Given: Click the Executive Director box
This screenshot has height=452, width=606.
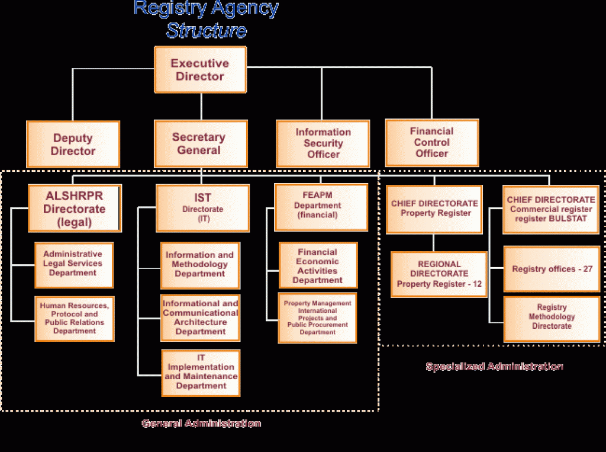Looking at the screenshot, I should tap(200, 70).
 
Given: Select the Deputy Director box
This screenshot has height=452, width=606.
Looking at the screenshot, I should tap(73, 145).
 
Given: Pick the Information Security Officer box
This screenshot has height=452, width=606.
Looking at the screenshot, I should tap(323, 143).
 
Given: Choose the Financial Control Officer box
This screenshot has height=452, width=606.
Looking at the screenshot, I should tap(431, 142).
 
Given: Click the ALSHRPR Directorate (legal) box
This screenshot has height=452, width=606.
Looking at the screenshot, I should tap(75, 209).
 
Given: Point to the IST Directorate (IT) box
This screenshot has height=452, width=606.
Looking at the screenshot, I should tap(202, 208).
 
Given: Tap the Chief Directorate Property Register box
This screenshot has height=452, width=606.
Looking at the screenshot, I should tap(434, 209).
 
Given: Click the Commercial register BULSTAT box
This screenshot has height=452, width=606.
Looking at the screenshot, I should tap(551, 209).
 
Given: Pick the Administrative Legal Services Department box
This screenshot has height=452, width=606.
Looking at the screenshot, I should tap(73, 264).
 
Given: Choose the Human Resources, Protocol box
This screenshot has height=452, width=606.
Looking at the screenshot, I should tap(74, 319).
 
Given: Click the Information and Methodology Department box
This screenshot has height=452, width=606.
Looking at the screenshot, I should tap(200, 265).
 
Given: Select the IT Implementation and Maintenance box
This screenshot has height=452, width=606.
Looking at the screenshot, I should tap(201, 373).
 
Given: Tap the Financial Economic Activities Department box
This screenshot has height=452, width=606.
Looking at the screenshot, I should tap(318, 265).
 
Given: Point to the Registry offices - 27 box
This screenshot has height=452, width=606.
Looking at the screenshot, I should tap(552, 269).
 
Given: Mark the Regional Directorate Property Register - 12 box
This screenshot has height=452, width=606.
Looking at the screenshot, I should tap(439, 274).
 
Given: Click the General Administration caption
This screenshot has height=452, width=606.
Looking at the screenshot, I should tap(201, 424).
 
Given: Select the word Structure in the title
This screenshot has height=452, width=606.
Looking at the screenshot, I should tap(206, 31).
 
